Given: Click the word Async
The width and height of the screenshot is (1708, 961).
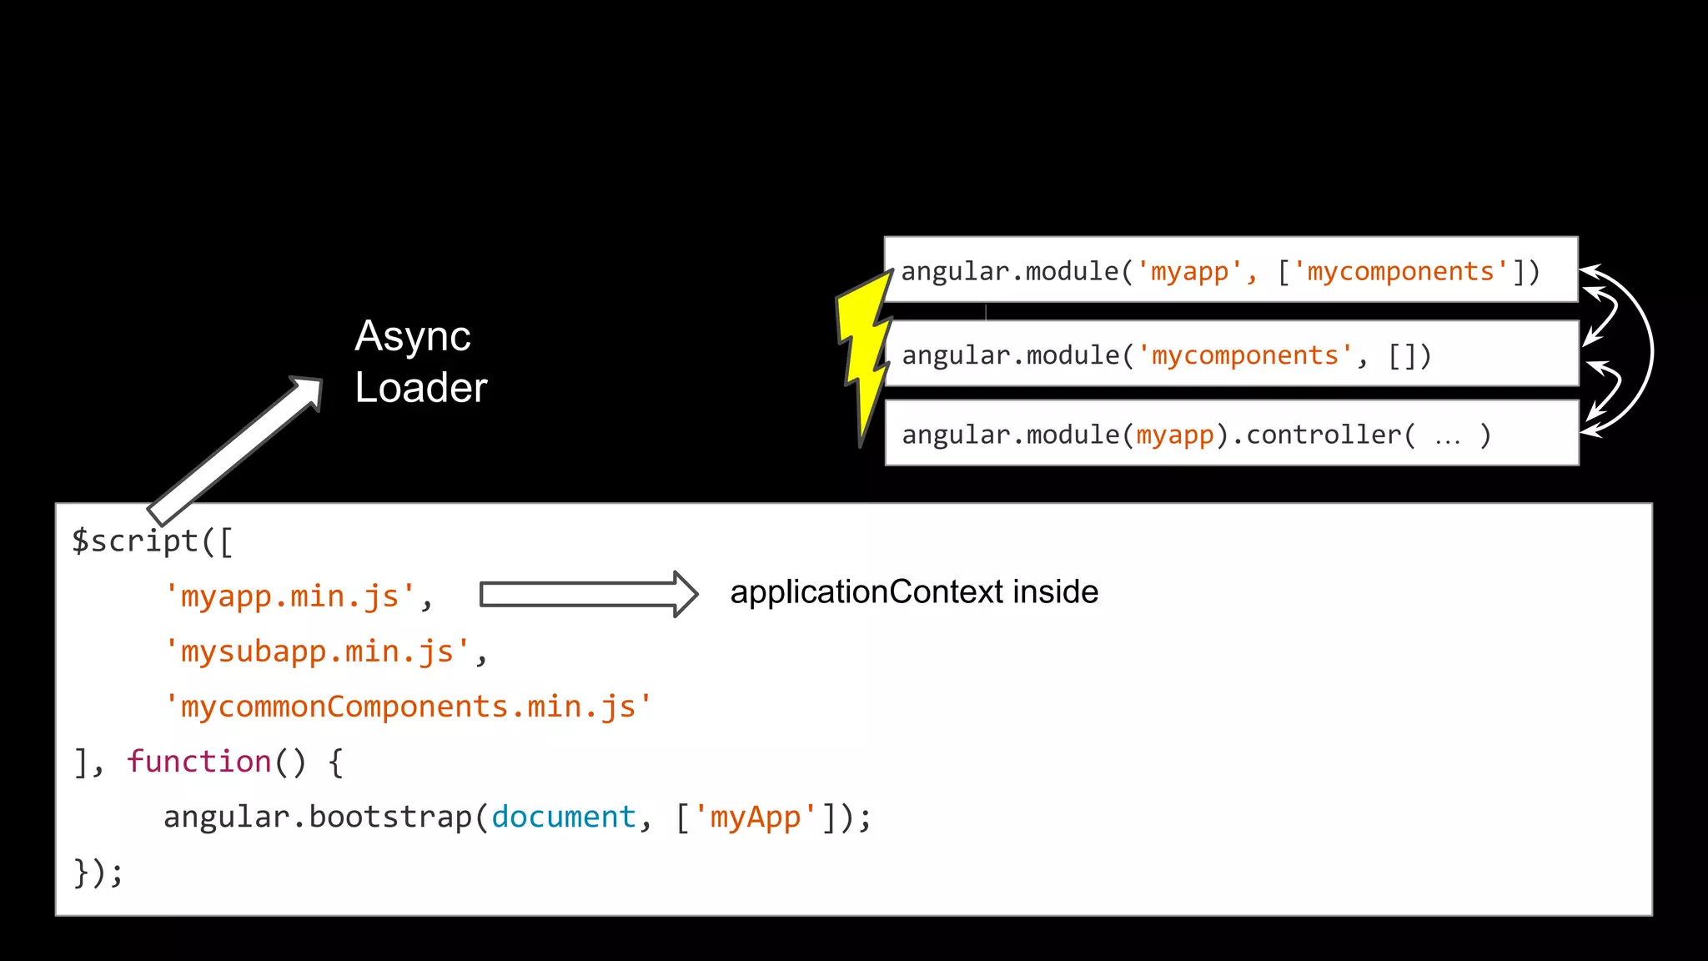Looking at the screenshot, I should click(413, 336).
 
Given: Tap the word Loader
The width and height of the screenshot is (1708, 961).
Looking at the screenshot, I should click(421, 388).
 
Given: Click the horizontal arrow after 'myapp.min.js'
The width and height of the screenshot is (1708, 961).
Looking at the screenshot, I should click(589, 594).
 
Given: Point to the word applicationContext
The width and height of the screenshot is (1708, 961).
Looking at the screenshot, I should click(867, 592).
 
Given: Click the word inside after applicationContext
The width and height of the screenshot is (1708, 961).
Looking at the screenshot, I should click(1056, 592).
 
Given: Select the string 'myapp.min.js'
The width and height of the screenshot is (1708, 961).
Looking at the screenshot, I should click(290, 597).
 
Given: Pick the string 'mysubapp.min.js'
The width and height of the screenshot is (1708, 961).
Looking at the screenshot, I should click(318, 652).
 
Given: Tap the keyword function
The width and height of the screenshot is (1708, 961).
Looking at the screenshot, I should click(199, 762).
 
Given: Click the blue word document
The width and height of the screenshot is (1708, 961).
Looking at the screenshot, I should click(564, 817).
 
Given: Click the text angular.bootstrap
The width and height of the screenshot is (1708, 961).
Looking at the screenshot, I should click(318, 817).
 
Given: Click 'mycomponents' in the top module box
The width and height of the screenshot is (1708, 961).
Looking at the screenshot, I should click(1401, 272).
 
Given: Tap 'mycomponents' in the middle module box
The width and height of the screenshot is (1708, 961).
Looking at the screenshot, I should click(1245, 356).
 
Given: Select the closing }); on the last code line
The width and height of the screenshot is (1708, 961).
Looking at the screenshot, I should click(98, 873).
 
